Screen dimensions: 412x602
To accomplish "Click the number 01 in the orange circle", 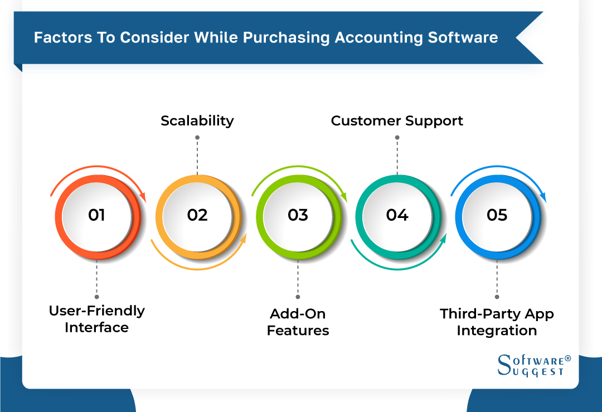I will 96,215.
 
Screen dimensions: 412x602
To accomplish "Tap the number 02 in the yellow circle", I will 197,215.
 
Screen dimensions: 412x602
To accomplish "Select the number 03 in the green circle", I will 298,215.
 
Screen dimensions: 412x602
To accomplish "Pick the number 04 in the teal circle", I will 397,215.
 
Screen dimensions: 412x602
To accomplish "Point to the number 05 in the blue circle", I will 497,215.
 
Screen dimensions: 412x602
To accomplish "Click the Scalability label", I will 197,120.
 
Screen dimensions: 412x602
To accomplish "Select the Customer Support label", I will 397,120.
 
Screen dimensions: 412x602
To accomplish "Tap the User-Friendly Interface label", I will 96,319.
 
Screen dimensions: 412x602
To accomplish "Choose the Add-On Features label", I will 298,322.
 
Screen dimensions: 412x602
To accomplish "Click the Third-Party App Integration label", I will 497,322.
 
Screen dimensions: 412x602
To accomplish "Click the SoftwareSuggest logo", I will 533,365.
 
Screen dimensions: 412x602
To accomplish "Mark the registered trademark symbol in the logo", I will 568,358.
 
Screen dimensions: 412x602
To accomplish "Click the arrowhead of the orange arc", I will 143,196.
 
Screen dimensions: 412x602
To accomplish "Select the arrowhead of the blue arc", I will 543,196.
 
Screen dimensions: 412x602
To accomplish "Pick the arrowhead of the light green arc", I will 343,196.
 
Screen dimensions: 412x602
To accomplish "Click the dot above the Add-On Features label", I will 298,297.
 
